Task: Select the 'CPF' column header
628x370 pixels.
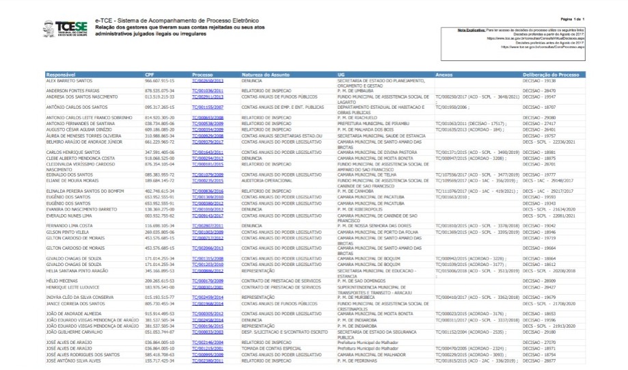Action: (150, 74)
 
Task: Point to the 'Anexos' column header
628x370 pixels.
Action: (443, 74)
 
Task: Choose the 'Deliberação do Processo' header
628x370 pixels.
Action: (551, 74)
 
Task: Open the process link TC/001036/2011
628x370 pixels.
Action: (208, 90)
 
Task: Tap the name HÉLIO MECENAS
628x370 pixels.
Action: (63, 281)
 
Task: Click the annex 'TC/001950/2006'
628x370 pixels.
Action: (451, 107)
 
